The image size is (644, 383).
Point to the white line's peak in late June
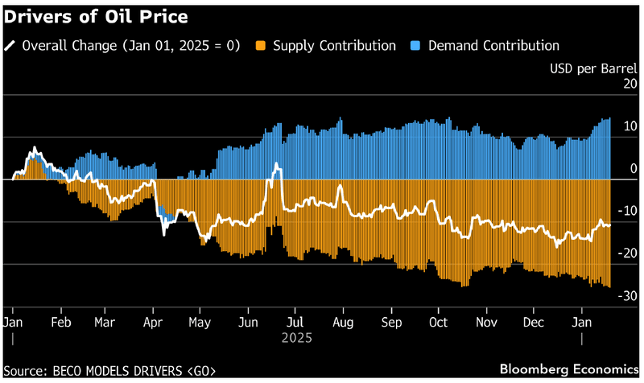[x=276, y=165]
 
